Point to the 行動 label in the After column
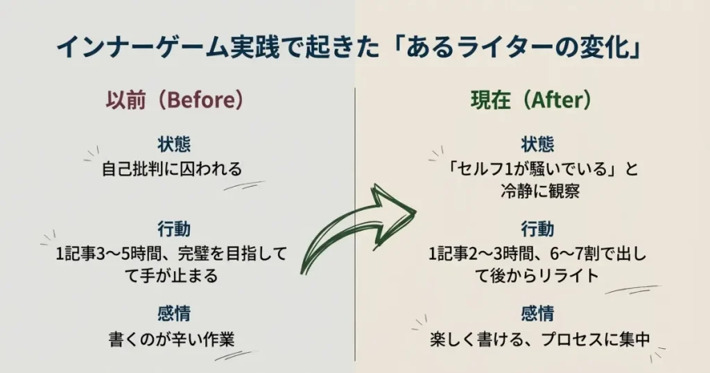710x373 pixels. [x=538, y=228]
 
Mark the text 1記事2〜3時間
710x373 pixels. [x=469, y=254]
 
